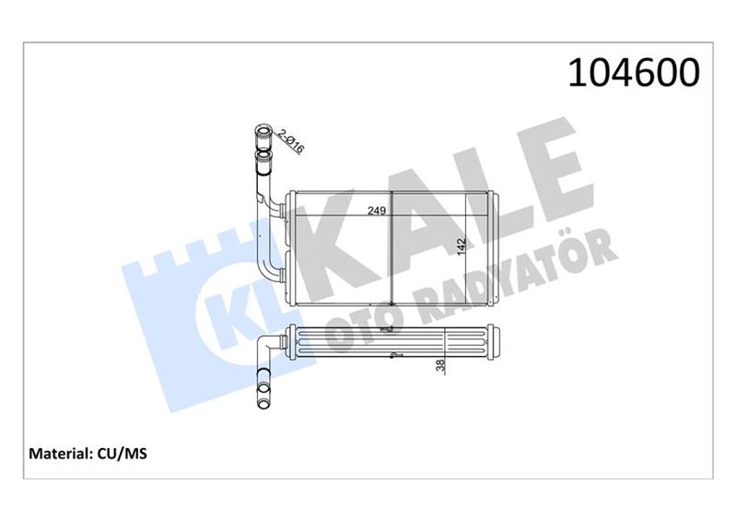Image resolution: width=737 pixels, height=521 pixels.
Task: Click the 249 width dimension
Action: [x=375, y=211]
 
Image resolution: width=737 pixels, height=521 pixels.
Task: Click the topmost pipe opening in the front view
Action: [x=261, y=136]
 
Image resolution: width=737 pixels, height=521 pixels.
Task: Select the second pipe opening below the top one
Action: [x=264, y=167]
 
